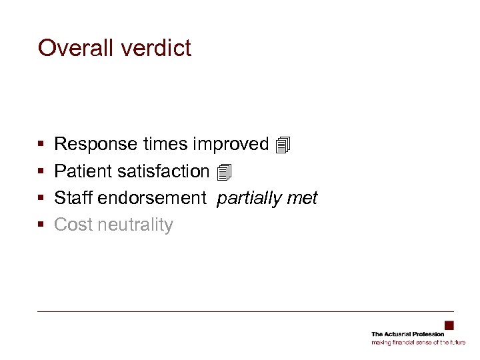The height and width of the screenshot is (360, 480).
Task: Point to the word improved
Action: tap(231, 144)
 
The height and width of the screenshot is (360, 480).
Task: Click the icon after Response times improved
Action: tap(283, 144)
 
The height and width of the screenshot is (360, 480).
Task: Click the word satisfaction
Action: tap(163, 171)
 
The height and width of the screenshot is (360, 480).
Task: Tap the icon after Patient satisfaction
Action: tap(224, 172)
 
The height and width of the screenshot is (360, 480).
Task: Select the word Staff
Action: tap(73, 198)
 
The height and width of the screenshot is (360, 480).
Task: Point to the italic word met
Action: tap(303, 198)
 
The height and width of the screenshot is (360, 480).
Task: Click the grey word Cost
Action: tap(73, 225)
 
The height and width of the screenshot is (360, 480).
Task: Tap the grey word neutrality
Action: tap(135, 225)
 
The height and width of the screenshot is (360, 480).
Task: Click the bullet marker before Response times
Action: tap(41, 145)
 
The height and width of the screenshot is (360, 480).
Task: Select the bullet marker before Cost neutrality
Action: tap(41, 225)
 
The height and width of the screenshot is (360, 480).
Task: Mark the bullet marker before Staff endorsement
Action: tap(41, 199)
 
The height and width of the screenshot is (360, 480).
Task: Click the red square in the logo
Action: tap(449, 325)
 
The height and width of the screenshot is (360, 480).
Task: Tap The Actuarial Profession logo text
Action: tap(407, 334)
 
